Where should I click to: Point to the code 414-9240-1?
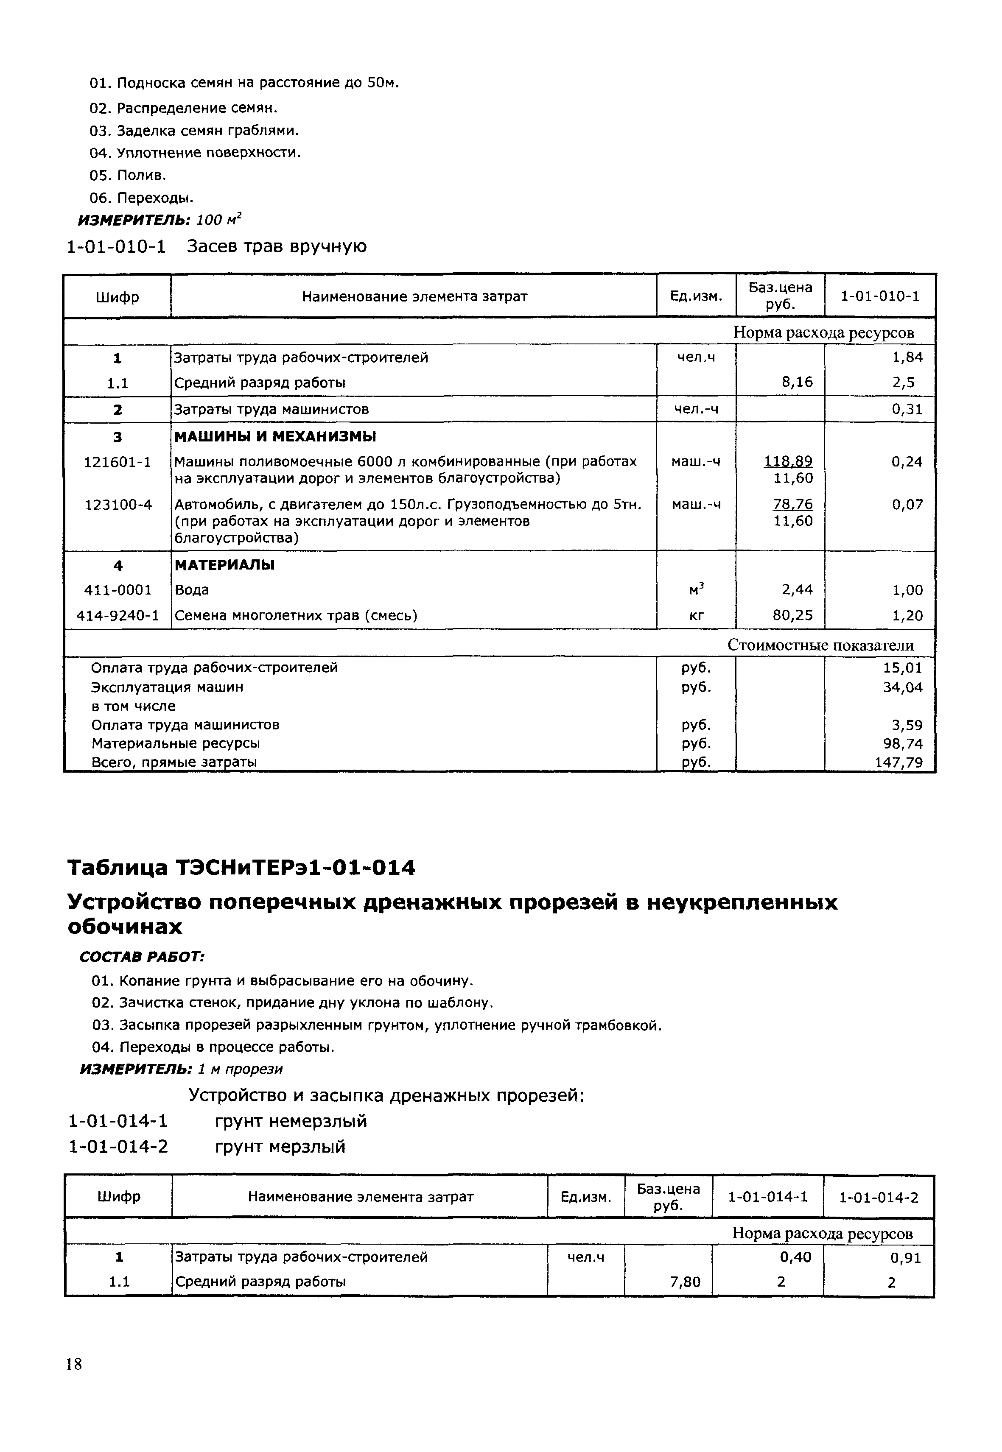(118, 616)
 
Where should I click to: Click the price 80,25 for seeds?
(792, 616)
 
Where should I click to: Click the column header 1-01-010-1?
(879, 296)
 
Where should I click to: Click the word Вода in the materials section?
(191, 590)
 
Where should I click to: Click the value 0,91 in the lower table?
(905, 1257)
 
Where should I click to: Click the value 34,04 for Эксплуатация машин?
(902, 687)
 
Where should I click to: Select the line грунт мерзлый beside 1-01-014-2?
(280, 1147)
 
